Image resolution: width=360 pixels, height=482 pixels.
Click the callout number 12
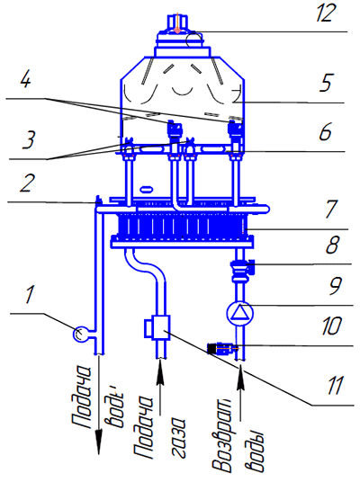(x=325, y=14)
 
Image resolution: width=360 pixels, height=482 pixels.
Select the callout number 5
(x=325, y=83)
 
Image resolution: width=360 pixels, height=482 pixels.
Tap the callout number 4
(x=26, y=81)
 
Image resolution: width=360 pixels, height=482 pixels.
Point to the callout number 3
(x=29, y=140)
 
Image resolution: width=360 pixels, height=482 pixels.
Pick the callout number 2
(x=27, y=183)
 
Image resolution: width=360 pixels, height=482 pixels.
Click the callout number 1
(x=30, y=294)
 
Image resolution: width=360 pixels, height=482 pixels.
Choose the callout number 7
(x=331, y=209)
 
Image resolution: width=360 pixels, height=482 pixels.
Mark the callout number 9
(x=335, y=286)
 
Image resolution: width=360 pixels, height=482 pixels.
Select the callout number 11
(x=336, y=386)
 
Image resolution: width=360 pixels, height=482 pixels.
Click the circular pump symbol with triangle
(x=240, y=313)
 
